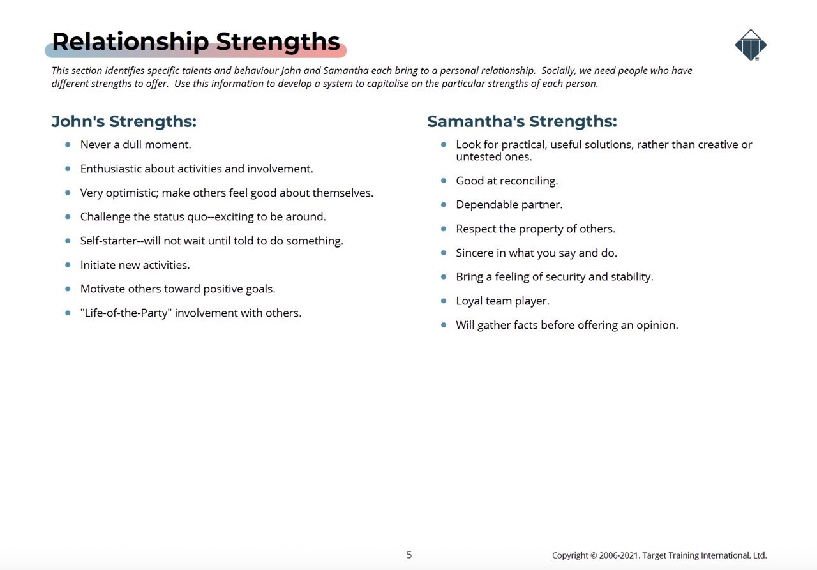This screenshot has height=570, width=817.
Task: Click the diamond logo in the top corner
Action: [x=751, y=45]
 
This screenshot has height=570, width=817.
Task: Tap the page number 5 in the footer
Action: [x=409, y=555]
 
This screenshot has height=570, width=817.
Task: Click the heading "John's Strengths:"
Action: [x=124, y=121]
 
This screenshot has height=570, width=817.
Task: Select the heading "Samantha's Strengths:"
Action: [x=522, y=121]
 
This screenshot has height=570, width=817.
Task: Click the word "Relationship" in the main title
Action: [x=131, y=42]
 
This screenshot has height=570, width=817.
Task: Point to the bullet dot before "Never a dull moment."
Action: [x=68, y=144]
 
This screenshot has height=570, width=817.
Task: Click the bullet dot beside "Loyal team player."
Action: [x=444, y=301]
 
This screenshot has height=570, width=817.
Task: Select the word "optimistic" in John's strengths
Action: [x=132, y=193]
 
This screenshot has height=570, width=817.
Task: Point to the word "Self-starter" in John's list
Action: [x=109, y=241]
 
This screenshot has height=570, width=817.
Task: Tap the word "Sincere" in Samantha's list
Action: [x=474, y=253]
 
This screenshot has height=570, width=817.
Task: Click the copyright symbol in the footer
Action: [x=594, y=555]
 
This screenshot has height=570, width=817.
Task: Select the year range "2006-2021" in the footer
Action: [x=619, y=555]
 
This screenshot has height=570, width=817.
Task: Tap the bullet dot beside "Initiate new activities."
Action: [x=68, y=265]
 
